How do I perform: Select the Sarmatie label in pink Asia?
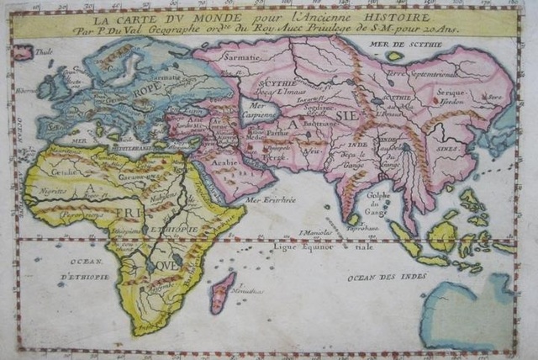tap(240, 58)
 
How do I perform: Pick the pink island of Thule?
tap(23, 53)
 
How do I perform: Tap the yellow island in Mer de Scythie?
tap(394, 56)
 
